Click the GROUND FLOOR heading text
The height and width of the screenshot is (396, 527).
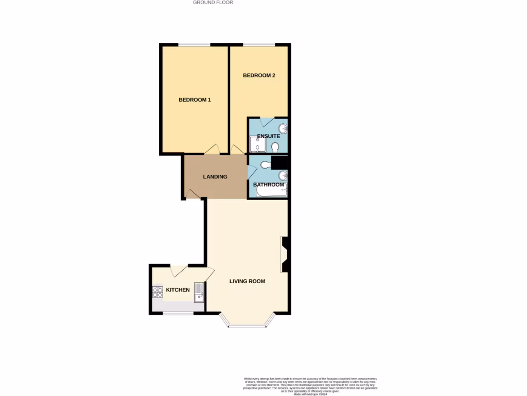[213, 3]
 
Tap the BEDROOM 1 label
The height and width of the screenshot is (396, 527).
[195, 100]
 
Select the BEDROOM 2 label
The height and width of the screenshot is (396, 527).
[259, 75]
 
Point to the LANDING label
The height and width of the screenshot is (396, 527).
[215, 177]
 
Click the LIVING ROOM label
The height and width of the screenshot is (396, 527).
[248, 281]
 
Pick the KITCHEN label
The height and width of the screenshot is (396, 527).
[178, 290]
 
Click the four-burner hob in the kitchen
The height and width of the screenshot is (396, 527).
[157, 293]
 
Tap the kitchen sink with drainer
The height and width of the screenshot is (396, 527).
[199, 292]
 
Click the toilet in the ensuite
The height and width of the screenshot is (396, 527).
[275, 147]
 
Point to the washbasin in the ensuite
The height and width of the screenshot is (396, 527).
[283, 128]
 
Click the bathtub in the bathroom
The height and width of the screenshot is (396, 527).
[271, 192]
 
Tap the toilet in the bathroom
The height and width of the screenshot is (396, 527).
[265, 165]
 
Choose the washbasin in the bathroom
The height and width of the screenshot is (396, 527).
[283, 176]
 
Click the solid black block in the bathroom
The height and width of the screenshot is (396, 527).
[280, 162]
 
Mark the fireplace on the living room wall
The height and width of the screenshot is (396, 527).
[285, 254]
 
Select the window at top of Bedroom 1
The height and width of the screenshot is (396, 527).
[194, 45]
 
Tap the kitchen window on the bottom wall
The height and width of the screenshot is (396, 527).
[178, 312]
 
